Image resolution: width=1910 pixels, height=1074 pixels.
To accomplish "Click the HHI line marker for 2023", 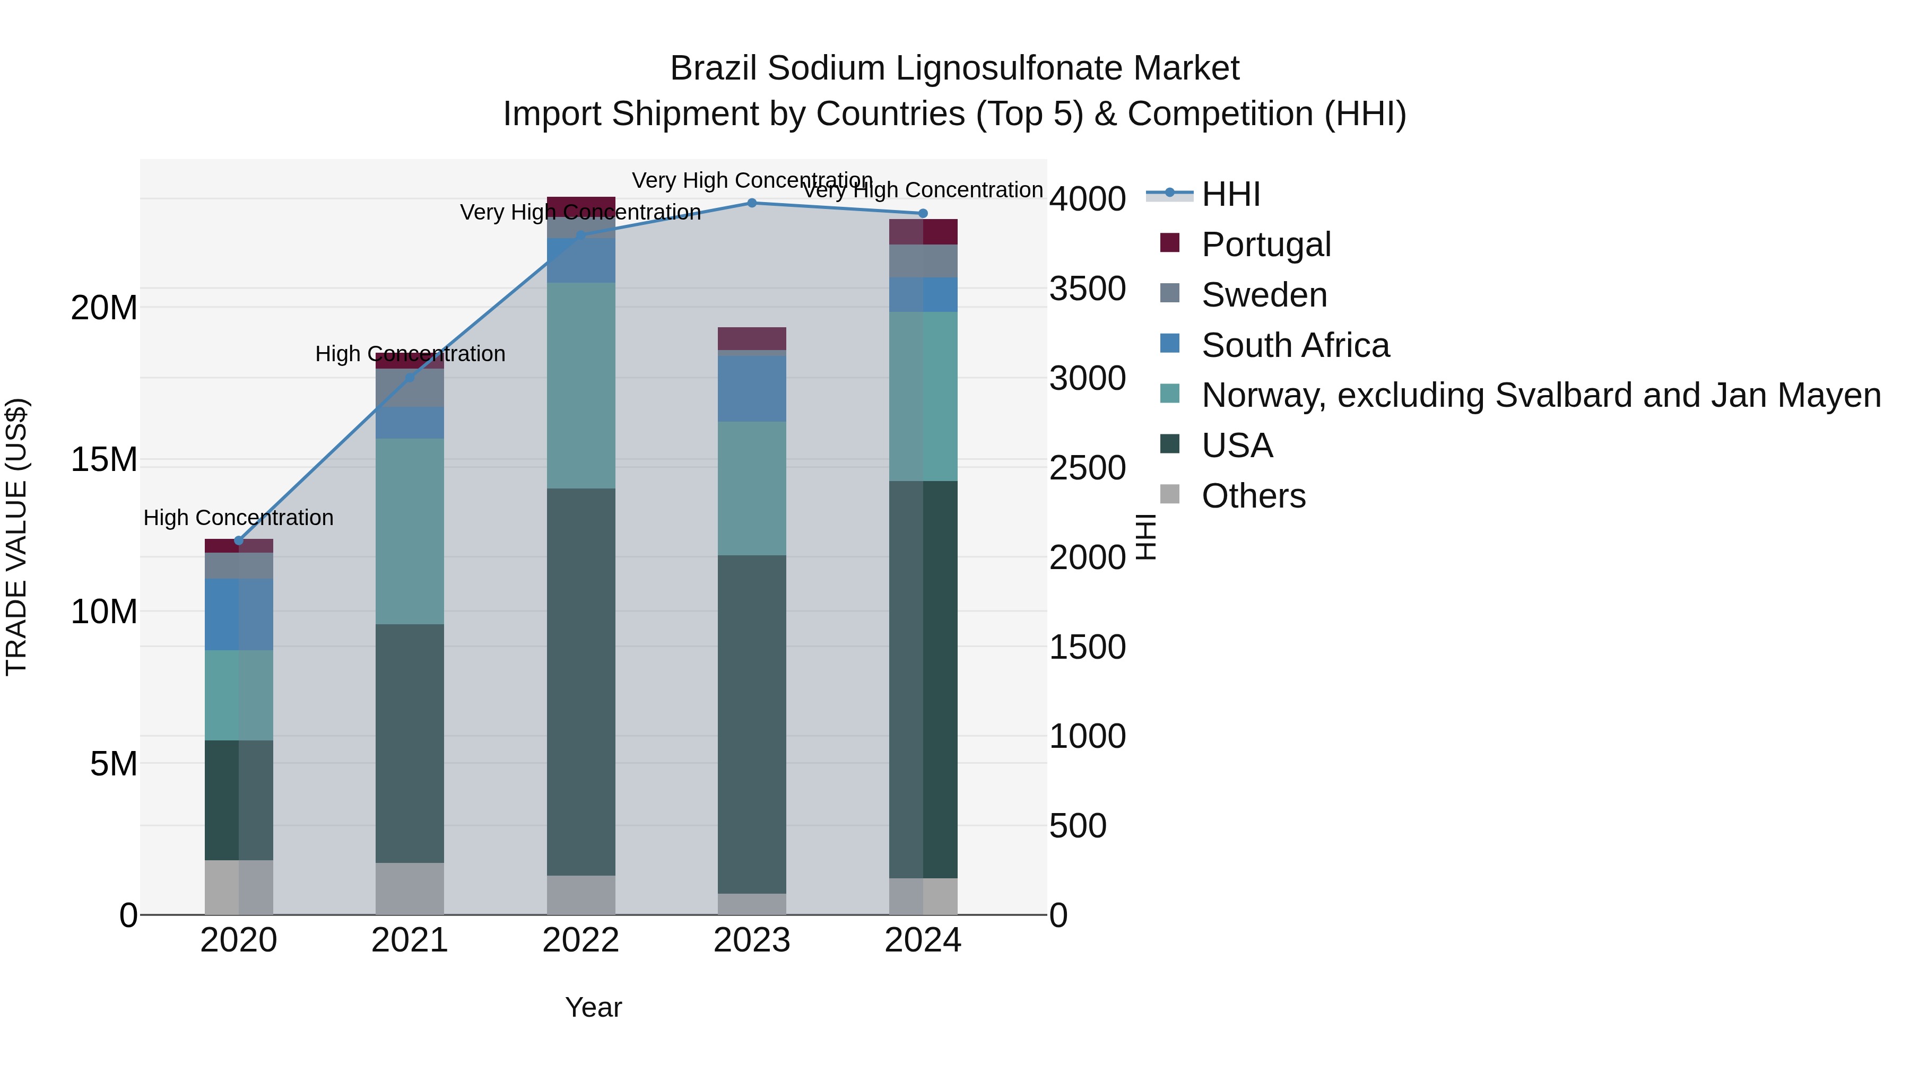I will coord(751,203).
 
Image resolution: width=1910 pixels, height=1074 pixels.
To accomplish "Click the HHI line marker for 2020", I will coord(239,540).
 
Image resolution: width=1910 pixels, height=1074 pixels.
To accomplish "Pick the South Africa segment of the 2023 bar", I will coord(751,388).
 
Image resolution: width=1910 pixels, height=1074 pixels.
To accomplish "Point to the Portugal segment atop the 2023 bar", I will coord(751,338).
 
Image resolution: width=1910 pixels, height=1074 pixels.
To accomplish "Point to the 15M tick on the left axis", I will coord(104,460).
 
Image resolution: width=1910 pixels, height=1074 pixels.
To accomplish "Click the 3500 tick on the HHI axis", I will coord(1087,289).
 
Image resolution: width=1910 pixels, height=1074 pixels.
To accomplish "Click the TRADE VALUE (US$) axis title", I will coord(16,537).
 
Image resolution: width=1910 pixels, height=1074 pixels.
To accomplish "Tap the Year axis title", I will coord(593,1007).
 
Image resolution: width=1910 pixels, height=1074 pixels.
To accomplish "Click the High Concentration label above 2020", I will coord(238,517).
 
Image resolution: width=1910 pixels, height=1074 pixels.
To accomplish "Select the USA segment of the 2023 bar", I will coord(751,724).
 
